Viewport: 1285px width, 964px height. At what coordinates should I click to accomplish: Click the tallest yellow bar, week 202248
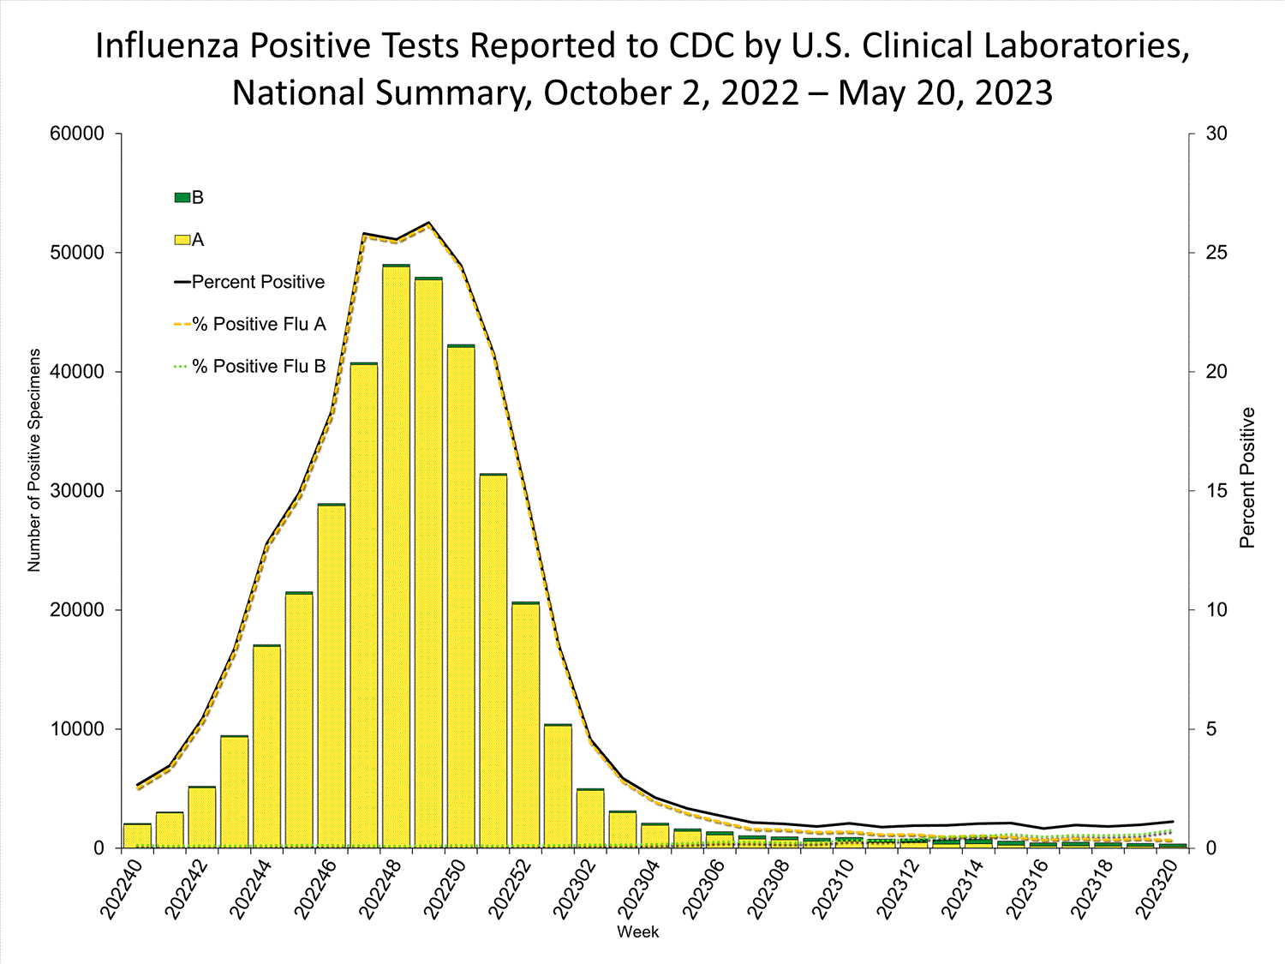point(396,557)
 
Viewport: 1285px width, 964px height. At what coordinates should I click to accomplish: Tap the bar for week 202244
point(266,745)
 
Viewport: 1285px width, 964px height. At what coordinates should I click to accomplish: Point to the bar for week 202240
point(137,835)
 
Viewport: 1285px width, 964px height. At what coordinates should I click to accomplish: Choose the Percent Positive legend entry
point(249,282)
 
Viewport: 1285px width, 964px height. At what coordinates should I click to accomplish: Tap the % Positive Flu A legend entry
point(249,324)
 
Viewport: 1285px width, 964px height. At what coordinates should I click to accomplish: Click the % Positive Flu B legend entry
point(249,366)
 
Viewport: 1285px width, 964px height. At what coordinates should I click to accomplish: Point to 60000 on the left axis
point(77,134)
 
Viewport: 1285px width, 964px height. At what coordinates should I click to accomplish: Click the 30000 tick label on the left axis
point(77,491)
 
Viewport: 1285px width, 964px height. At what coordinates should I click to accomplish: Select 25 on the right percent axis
point(1216,253)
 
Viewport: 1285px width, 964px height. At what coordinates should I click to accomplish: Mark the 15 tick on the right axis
point(1216,491)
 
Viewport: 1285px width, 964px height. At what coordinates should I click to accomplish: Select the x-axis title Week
point(638,932)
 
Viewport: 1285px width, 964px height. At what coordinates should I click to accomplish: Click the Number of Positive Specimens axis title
point(34,460)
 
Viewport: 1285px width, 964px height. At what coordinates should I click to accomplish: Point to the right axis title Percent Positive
point(1247,477)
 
